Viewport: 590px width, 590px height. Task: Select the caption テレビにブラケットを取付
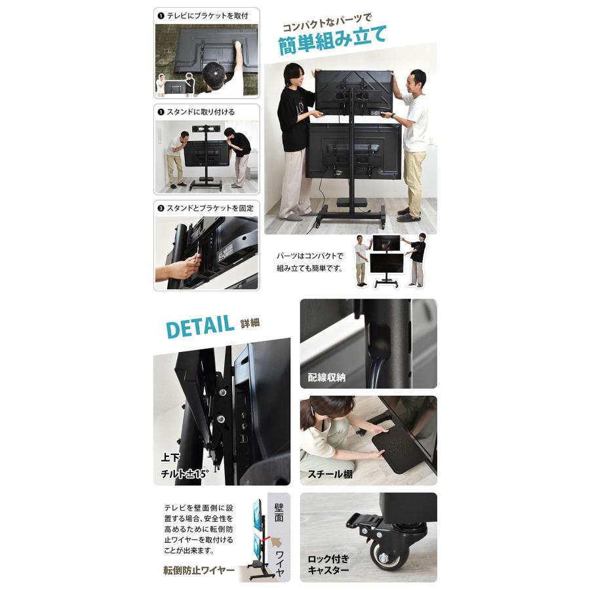[x=207, y=16]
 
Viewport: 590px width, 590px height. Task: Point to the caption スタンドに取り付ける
[x=201, y=111]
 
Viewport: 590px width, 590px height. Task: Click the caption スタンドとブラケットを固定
[x=210, y=208]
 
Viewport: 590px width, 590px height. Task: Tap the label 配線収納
[x=326, y=377]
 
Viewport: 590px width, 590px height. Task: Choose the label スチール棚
[x=330, y=474]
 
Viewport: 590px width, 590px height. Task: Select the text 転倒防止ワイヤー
[x=199, y=570]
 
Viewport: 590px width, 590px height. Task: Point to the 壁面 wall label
[x=279, y=512]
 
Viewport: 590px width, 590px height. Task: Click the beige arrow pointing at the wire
[x=277, y=543]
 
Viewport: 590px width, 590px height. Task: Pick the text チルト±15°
[x=184, y=474]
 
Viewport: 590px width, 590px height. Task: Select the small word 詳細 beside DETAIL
[x=250, y=323]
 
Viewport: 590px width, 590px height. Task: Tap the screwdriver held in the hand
[x=195, y=255]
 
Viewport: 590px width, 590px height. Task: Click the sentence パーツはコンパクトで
[x=310, y=256]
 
